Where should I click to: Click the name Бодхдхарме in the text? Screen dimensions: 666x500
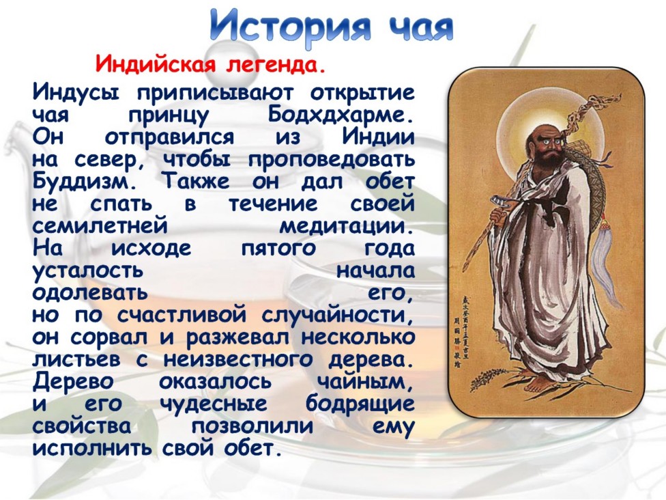[341, 115]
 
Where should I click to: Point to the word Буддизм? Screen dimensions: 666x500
[85, 182]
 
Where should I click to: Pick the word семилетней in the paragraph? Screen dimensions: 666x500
[100, 225]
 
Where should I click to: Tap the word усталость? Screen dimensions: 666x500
[87, 270]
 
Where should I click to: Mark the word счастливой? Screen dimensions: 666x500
[182, 315]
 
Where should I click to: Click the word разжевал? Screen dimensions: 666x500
[238, 337]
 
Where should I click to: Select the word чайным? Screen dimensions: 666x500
[365, 381]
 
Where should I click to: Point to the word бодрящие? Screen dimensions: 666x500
[360, 404]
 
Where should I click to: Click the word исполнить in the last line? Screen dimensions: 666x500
[91, 448]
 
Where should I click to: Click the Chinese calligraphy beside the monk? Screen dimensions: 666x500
[462, 329]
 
